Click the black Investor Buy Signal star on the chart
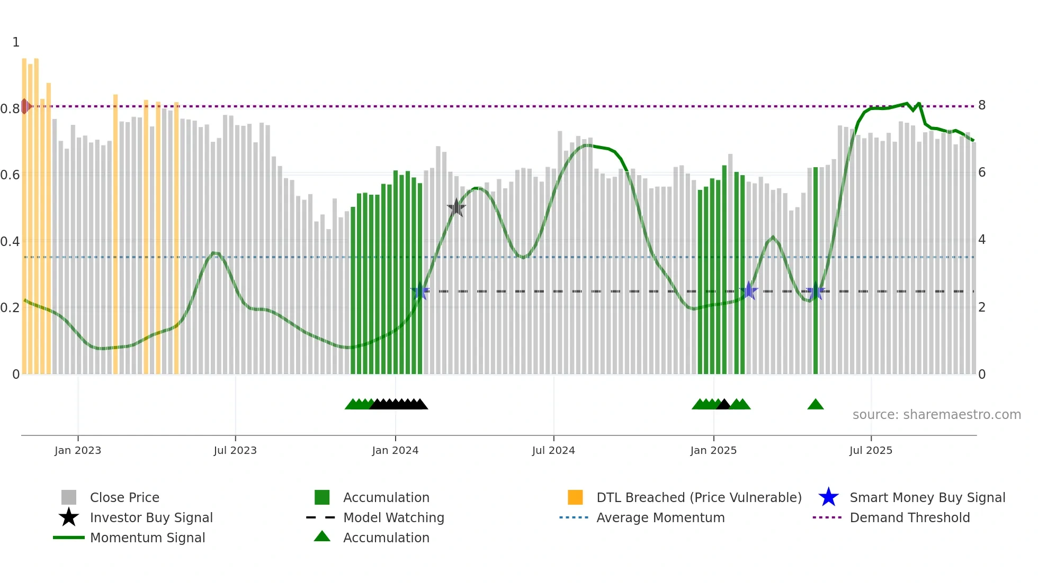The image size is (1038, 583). point(456,208)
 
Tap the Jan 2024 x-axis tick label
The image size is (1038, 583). point(395,451)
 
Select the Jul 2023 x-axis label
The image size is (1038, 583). point(235,451)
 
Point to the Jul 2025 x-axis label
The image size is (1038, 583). point(871,451)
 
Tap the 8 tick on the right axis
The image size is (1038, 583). point(982,105)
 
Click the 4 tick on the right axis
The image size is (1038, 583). point(982,240)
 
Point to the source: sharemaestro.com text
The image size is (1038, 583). point(936,415)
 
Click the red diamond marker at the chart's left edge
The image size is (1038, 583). point(25,106)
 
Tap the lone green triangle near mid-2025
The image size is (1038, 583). point(816,405)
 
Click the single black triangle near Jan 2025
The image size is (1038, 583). point(723,405)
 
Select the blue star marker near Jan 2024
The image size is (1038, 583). point(420,291)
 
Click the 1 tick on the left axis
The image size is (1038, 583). point(16,42)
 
